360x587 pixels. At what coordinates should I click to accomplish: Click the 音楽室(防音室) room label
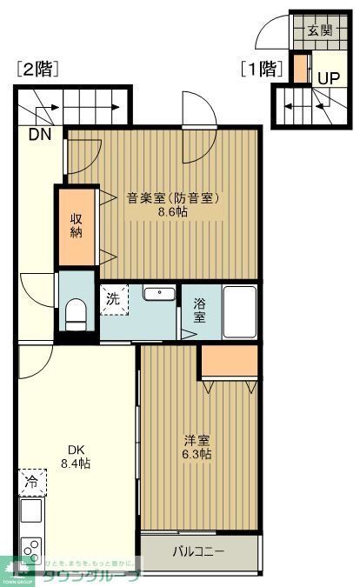click(x=173, y=197)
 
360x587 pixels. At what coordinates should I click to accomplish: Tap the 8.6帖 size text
click(x=173, y=211)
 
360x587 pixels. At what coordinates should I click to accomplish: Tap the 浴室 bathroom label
click(x=199, y=310)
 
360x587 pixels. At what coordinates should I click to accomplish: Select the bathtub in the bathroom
click(x=239, y=310)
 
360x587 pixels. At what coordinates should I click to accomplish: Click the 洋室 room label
click(x=197, y=440)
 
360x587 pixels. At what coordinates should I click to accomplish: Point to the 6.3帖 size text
click(x=197, y=454)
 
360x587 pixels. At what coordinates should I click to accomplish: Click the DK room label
click(x=77, y=450)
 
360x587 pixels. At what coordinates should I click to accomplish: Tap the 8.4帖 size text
click(x=77, y=464)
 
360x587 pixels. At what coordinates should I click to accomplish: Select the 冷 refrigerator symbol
click(x=31, y=481)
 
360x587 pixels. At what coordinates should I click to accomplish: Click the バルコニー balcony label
click(x=198, y=551)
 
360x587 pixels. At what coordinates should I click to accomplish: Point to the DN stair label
click(x=39, y=135)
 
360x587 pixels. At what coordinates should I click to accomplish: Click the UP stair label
click(x=328, y=78)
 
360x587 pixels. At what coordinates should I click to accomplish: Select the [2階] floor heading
click(x=37, y=70)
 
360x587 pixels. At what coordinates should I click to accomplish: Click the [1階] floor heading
click(x=263, y=68)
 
